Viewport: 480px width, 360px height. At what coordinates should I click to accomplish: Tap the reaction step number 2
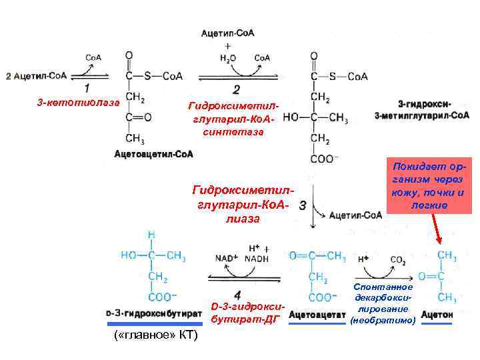(x=237, y=89)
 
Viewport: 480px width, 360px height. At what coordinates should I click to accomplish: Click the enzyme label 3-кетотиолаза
(x=78, y=103)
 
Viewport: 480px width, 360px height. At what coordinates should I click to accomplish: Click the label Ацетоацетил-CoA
(x=154, y=154)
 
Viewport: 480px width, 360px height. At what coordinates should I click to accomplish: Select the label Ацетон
(x=437, y=313)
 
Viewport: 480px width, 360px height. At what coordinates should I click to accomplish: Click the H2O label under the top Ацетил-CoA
(x=228, y=57)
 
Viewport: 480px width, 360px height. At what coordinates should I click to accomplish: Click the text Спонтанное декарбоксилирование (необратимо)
(x=381, y=303)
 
